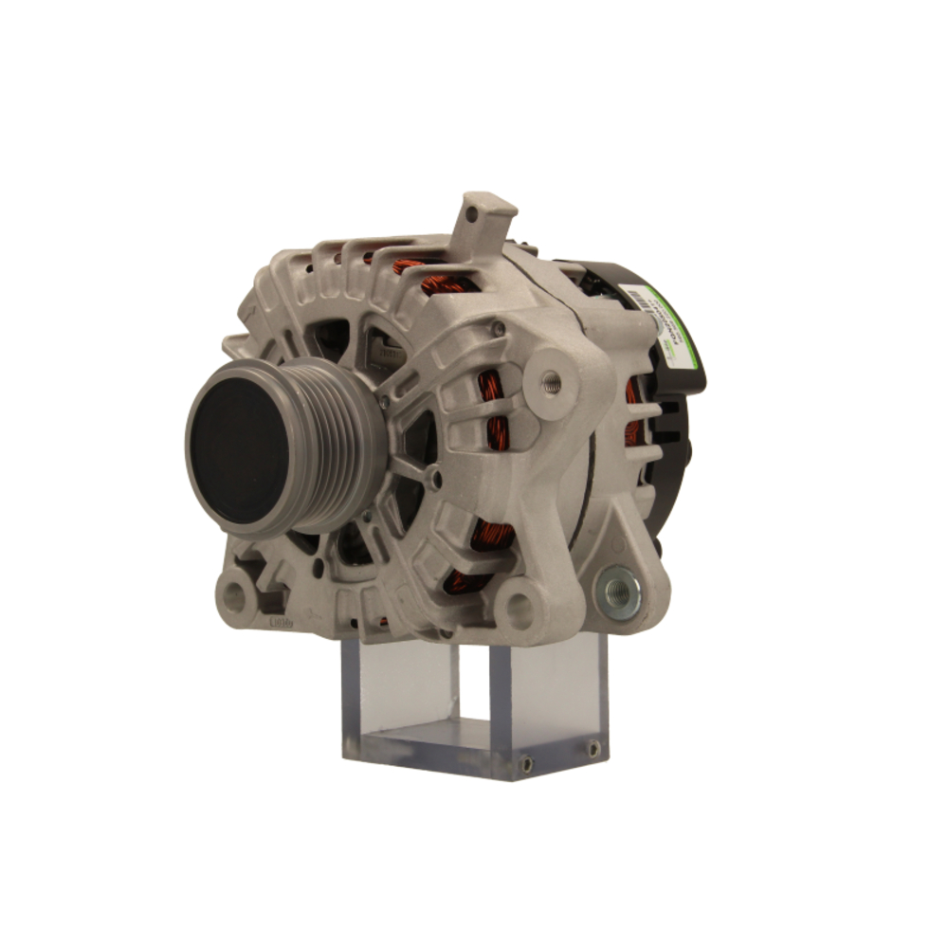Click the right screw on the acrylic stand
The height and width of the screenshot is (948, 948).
pos(593,749)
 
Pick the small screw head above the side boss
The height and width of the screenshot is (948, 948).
pos(497,329)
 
